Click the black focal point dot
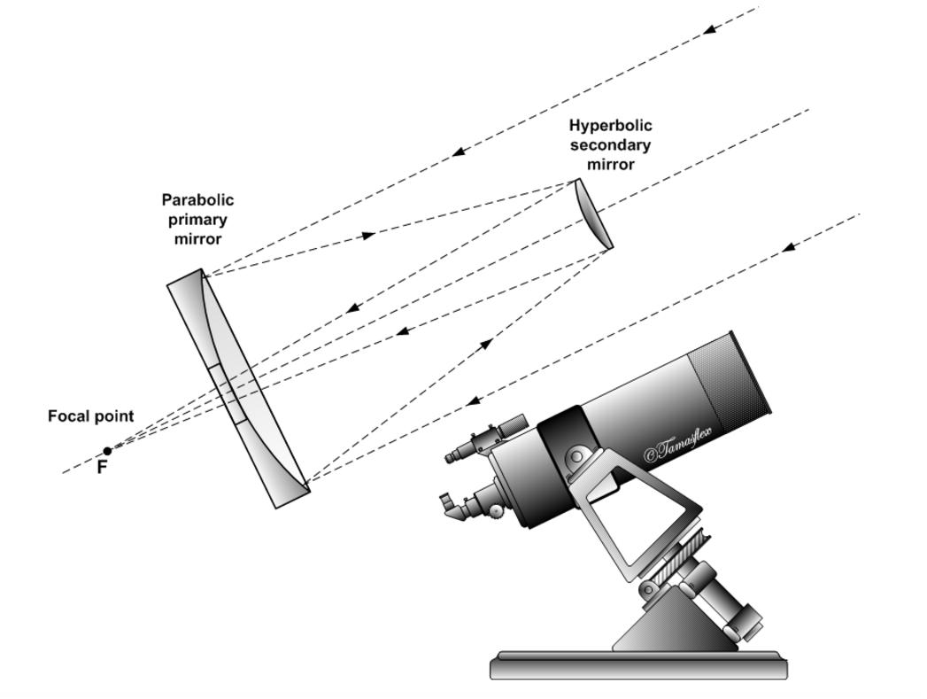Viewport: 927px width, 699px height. point(108,451)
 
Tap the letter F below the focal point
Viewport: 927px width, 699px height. point(102,468)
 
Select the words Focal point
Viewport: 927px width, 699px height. point(90,416)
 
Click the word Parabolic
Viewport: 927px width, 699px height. point(197,200)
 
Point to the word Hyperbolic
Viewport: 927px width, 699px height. point(610,126)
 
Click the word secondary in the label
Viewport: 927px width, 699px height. point(610,145)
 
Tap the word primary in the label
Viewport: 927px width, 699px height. point(197,220)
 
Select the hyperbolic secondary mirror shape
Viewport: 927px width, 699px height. point(594,214)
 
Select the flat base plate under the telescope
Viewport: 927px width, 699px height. point(638,665)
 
